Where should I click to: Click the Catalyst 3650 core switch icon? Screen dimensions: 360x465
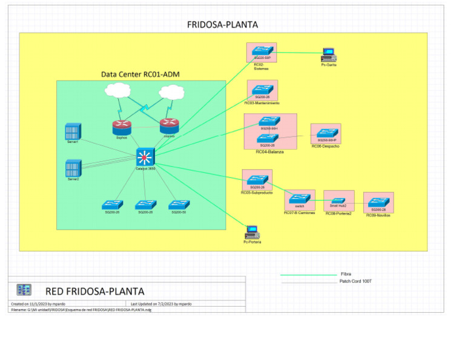click(145, 158)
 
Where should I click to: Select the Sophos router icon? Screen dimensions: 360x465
click(122, 127)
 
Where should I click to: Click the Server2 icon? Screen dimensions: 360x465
click(73, 168)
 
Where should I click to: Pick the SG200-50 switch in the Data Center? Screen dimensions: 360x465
click(179, 204)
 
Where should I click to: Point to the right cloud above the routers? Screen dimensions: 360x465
click(171, 93)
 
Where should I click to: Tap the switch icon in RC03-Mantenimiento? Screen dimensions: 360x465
click(262, 89)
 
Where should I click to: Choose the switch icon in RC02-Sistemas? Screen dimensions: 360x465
click(262, 51)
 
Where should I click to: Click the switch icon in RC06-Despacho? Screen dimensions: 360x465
click(327, 133)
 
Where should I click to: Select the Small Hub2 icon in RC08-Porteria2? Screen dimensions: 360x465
click(337, 198)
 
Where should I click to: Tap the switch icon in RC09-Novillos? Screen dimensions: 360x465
click(379, 202)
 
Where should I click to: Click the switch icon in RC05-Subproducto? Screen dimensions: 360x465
click(257, 179)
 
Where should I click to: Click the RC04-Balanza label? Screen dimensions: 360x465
click(269, 152)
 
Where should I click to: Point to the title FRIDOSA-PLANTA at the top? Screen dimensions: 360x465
click(222, 25)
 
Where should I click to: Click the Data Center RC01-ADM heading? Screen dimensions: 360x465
click(140, 75)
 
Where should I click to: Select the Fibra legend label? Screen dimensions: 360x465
click(346, 274)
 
